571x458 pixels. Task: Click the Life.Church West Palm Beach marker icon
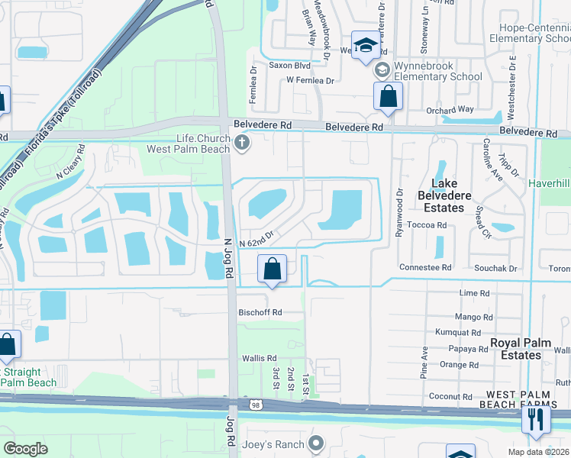[x=242, y=142]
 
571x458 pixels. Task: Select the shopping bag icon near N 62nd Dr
[x=272, y=269]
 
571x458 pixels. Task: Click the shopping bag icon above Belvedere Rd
[x=388, y=96]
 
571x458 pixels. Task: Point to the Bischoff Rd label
[x=260, y=312]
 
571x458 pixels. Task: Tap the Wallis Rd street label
[x=260, y=358]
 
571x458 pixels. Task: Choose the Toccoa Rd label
[x=427, y=225]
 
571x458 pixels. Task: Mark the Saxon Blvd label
[x=289, y=66]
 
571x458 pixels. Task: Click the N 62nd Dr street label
[x=256, y=240]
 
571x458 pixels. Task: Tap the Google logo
[x=25, y=449]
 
